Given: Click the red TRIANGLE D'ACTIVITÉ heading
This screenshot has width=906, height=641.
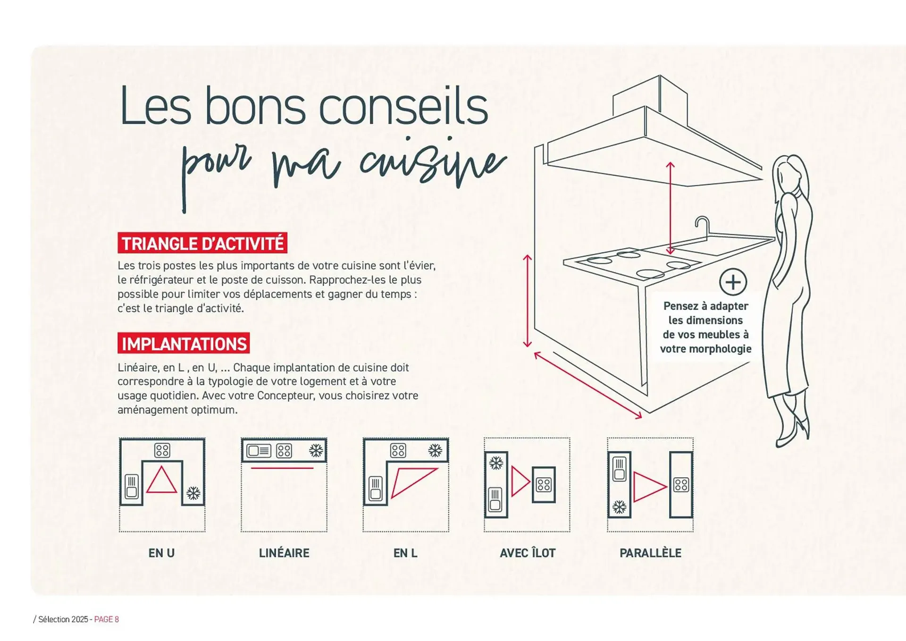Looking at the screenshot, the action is tap(202, 243).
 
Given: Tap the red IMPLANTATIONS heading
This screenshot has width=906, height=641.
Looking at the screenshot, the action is tap(184, 344).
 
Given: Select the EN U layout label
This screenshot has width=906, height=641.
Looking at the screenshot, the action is tap(161, 553).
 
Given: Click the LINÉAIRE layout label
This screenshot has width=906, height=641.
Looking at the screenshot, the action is tap(284, 553).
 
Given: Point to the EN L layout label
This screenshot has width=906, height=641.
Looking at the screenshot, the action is tap(405, 553).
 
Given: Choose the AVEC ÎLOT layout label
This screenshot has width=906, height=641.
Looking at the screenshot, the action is tap(528, 553).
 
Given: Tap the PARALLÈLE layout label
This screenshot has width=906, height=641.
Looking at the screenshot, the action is tap(650, 553).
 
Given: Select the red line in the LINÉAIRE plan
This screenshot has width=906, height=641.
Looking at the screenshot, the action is tap(282, 468).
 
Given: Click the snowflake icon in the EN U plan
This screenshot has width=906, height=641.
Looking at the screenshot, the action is tap(193, 494).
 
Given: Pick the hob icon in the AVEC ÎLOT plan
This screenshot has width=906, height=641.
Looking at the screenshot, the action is tap(544, 485).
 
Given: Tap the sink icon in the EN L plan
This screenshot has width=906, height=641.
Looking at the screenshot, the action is tap(376, 488).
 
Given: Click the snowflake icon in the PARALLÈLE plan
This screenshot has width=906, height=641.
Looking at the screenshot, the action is tap(619, 507).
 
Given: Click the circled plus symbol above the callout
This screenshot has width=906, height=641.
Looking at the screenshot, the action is tap(733, 282).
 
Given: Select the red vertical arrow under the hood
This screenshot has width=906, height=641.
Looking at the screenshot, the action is tap(670, 208).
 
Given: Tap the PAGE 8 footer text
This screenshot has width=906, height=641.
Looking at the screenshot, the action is tap(107, 619).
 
